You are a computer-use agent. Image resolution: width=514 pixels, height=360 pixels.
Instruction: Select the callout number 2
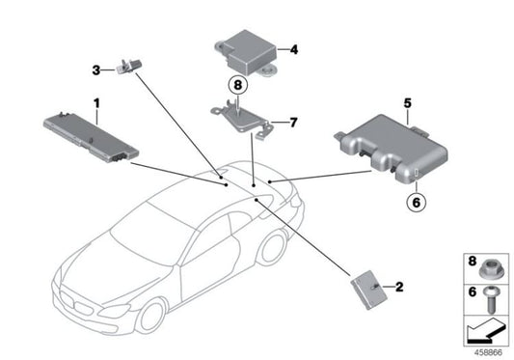pos(398,286)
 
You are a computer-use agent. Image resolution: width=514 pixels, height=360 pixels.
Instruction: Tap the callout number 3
pos(96,69)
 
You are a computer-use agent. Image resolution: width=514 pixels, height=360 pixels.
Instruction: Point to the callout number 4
pos(294,47)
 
